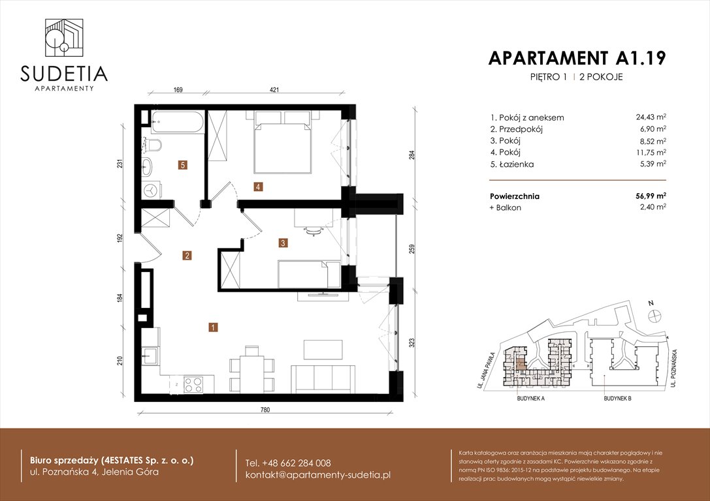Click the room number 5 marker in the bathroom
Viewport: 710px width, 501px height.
point(184,166)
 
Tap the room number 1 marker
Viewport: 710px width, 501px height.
point(213,328)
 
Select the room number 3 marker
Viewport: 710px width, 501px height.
point(283,243)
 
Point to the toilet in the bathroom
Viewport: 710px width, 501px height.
point(154,144)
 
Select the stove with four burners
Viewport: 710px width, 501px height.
point(193,385)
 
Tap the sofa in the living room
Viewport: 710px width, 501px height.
point(321,378)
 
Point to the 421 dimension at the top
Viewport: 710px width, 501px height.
point(284,91)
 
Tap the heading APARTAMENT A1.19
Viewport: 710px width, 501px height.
point(577,58)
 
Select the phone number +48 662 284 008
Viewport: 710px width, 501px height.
point(288,463)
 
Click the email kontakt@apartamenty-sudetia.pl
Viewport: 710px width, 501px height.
point(317,474)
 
